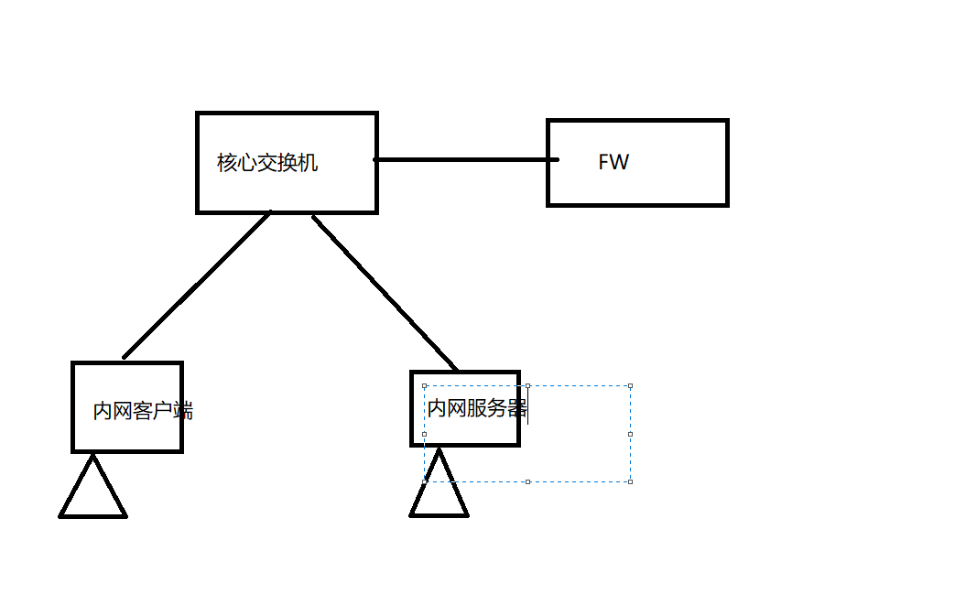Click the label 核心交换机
267,163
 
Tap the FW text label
613,162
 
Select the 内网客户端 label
143,411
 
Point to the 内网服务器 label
477,408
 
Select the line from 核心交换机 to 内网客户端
197,286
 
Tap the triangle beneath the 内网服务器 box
440,487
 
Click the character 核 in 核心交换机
227,163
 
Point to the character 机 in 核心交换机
309,163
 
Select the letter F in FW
604,162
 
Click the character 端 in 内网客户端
183,411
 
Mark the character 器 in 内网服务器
517,408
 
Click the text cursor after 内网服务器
528,408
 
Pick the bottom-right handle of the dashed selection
630,481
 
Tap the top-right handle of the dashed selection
630,386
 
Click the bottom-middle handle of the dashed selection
527,481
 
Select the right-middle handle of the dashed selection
630,434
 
